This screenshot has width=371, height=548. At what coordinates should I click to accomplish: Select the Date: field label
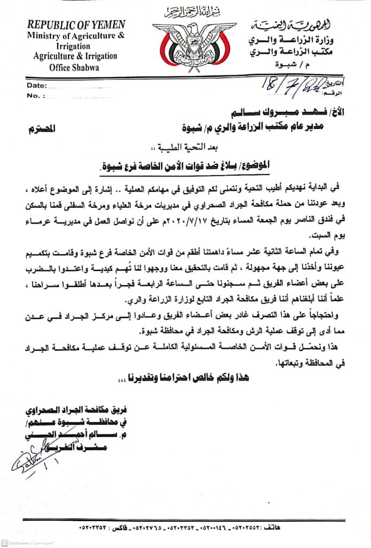[36, 86]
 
